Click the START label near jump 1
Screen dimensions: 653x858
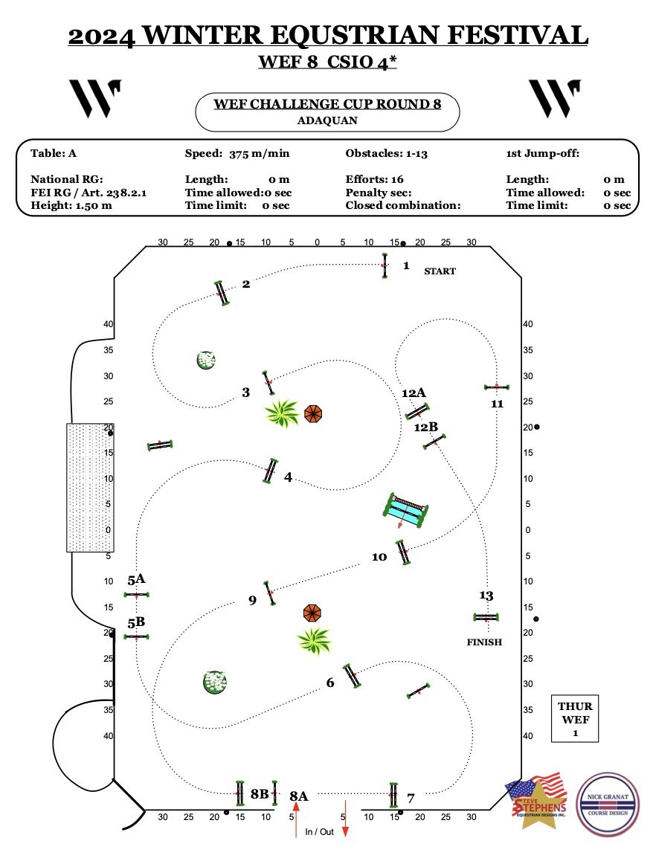coord(440,271)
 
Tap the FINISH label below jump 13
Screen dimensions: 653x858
coord(484,642)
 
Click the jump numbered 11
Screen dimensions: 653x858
coord(497,387)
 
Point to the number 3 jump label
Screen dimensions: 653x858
coord(245,393)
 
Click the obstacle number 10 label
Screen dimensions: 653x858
coord(379,557)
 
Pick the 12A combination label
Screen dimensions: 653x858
coord(414,393)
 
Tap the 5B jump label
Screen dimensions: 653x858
coord(136,622)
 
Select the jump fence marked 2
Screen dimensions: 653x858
coord(222,293)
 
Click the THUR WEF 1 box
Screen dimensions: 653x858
coord(575,718)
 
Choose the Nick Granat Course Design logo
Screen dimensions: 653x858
coord(608,804)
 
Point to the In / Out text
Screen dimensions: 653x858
coord(319,832)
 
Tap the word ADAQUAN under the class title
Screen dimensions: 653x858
coord(327,120)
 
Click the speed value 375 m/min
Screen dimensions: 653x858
coord(259,154)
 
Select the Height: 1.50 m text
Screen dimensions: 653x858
coord(71,205)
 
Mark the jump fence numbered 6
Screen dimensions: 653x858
coord(351,676)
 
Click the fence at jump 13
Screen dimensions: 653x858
coord(486,618)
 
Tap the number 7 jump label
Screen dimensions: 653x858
coord(411,799)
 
